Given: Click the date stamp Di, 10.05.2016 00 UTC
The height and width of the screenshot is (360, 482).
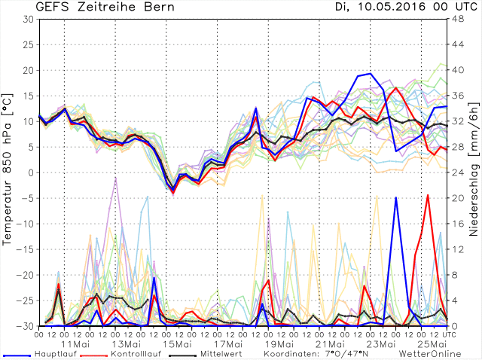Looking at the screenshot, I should (x=392, y=8).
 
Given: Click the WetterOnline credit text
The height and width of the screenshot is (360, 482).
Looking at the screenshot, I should (x=431, y=352).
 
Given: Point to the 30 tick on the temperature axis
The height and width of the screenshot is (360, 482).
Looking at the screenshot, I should (x=27, y=19).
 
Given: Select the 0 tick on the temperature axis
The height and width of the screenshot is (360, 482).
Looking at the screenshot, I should (x=30, y=172).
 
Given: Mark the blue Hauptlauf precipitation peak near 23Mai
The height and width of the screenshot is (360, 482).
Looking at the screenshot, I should (x=395, y=198).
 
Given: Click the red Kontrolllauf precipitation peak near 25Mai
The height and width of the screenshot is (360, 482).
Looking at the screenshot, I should (x=428, y=195).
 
